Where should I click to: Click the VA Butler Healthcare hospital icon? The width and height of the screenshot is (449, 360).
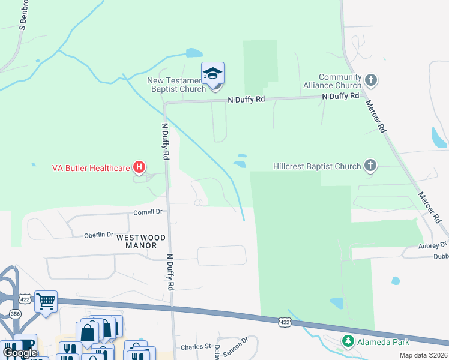[x=139, y=167]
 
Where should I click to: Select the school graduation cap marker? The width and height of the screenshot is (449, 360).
[x=212, y=74]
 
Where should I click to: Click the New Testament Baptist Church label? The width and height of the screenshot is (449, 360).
[x=178, y=85]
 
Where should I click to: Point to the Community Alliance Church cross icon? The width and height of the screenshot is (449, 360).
[x=371, y=79]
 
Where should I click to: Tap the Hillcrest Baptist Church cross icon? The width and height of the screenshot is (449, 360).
[x=371, y=166]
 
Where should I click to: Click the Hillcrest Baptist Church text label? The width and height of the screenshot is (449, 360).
[x=317, y=166]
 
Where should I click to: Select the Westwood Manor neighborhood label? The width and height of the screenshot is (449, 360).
[x=137, y=241]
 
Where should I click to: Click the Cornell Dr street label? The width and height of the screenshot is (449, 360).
[x=148, y=212]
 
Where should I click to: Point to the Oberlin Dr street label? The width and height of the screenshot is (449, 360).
[x=98, y=235]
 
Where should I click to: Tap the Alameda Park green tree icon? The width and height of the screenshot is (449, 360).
[x=348, y=341]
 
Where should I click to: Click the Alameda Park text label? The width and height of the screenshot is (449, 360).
[x=384, y=342]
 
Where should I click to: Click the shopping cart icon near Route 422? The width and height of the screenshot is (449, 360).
[x=46, y=301]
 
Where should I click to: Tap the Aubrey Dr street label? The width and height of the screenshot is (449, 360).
[x=433, y=245]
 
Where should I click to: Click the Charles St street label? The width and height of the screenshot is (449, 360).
[x=196, y=347]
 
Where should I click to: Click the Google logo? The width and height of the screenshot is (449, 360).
[x=20, y=353]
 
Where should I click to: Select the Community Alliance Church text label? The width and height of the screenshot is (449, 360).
[x=332, y=81]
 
